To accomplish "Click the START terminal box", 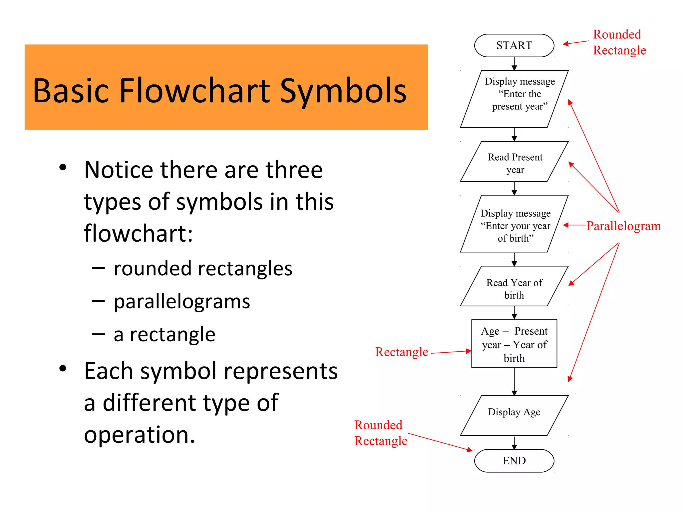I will (514, 45).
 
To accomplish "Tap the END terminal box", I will (514, 461).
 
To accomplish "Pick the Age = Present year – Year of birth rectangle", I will (514, 344).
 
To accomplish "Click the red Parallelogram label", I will (623, 226).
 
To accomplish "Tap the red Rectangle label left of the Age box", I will (402, 352).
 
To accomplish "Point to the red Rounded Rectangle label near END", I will (380, 433).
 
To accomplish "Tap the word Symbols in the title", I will (343, 91).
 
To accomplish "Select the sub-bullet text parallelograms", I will (182, 302).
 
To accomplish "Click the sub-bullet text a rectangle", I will (165, 334).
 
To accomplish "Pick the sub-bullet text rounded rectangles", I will (203, 269).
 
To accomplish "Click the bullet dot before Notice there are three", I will (63, 167).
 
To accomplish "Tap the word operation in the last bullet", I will (139, 435).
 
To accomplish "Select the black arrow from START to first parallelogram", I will (514, 63).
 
